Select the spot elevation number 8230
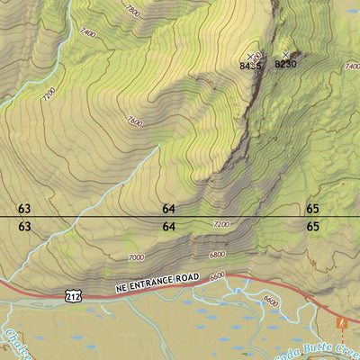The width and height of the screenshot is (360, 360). coord(285,64)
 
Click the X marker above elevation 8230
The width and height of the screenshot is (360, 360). coord(286,55)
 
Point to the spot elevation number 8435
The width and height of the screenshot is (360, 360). coord(250,66)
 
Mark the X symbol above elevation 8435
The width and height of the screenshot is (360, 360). coord(250,57)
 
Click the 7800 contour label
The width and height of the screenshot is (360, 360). coord(132,11)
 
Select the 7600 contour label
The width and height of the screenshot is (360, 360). coord(134,121)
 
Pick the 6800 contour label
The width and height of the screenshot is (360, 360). coord(217,254)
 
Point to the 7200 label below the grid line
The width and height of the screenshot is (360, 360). coord(220,224)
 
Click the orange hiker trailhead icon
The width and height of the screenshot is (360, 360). coord(341,322)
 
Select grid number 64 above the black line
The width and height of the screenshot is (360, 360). coord(168,209)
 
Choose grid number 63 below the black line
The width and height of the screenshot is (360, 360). coord(24,227)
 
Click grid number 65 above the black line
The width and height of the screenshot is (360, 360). coord(312,209)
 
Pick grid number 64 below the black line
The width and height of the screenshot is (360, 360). coord(168,227)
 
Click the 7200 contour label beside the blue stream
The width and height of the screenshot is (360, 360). coord(48,94)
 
